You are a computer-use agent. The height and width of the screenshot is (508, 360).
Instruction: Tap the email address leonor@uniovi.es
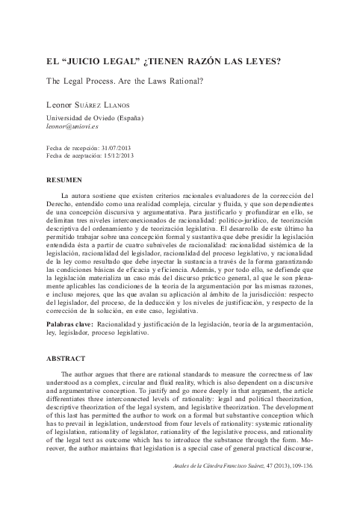[78, 127]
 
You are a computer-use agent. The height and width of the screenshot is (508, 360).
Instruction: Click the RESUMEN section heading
[65, 181]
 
